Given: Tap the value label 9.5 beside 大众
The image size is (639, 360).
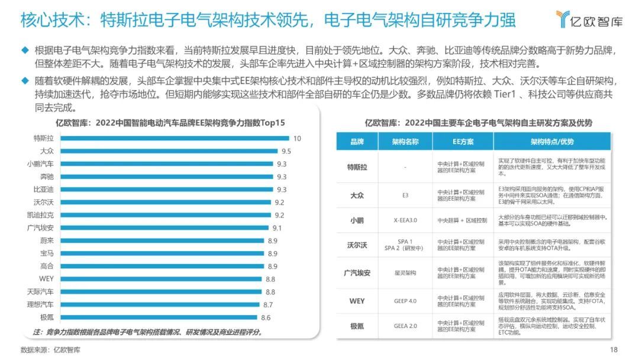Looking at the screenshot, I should click(286, 151).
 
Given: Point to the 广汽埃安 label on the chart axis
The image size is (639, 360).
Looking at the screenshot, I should click(40, 227).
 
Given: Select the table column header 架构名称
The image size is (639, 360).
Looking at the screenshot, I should click(405, 142).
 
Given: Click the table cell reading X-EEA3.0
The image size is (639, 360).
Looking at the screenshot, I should click(405, 220).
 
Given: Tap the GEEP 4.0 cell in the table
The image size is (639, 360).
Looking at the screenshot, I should click(405, 301).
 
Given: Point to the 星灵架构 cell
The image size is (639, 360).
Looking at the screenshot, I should click(405, 273).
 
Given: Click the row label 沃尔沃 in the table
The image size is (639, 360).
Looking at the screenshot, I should click(357, 244).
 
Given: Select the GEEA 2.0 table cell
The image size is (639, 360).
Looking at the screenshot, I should click(405, 326).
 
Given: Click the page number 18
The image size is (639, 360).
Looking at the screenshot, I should click(614, 349).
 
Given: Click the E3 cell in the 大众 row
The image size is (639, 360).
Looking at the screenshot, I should click(405, 194).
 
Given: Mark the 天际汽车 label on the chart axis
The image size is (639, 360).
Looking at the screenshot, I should click(40, 292).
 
